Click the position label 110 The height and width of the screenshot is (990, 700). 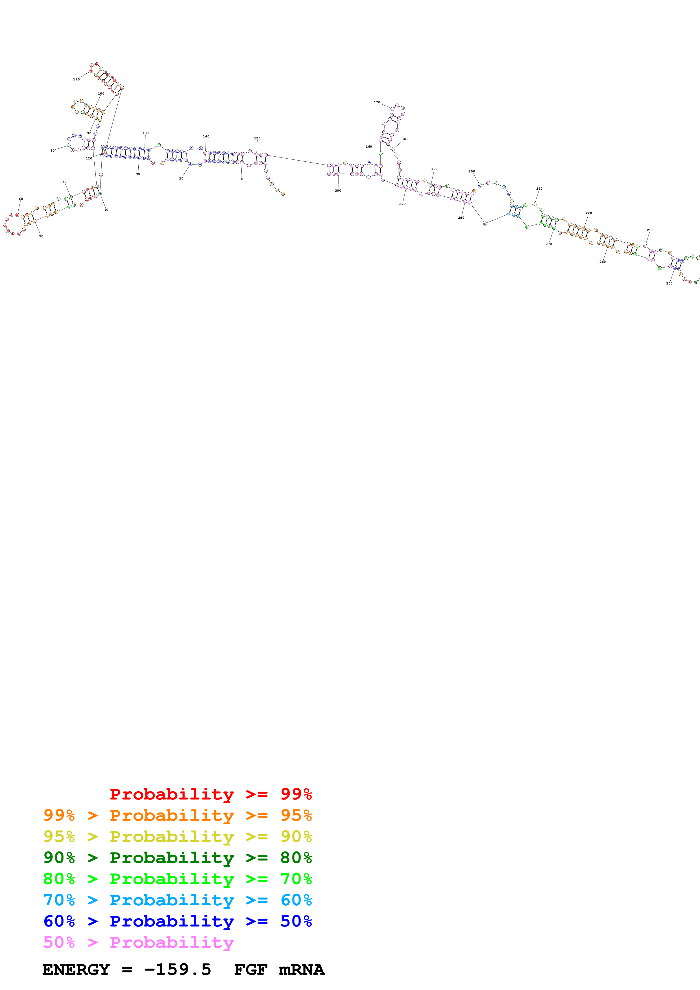(x=76, y=79)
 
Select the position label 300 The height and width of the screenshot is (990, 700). (x=338, y=190)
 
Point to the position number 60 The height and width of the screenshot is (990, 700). (x=21, y=199)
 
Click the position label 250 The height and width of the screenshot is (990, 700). (x=669, y=283)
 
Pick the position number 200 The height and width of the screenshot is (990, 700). (x=472, y=171)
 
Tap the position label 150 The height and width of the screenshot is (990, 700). (x=257, y=138)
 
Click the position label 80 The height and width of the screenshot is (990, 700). (x=53, y=150)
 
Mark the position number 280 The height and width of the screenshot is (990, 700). (x=461, y=218)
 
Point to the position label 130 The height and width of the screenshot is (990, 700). (x=145, y=133)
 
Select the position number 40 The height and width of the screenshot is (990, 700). (x=106, y=210)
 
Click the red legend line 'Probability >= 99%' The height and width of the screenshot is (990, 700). (x=210, y=794)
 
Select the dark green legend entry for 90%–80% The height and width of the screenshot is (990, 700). (x=178, y=858)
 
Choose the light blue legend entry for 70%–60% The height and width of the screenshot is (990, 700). (x=178, y=900)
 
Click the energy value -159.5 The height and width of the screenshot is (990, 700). (x=177, y=970)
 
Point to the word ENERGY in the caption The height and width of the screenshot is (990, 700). (x=76, y=970)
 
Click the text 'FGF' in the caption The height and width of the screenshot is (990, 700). (x=250, y=970)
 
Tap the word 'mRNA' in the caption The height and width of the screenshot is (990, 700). (x=302, y=970)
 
